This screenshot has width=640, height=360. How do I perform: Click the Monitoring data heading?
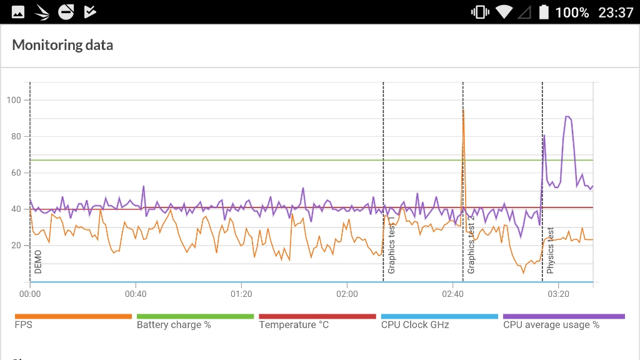(62, 45)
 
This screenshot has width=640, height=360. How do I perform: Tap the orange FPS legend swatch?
(73, 316)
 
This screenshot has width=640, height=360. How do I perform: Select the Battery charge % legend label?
(174, 325)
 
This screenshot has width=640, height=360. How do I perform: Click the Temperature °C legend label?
(294, 325)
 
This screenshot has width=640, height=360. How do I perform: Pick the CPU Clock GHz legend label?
(415, 325)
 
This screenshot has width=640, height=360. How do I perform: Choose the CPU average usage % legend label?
(551, 325)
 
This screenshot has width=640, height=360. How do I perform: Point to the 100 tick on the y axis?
(14, 100)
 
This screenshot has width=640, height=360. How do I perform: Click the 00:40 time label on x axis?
(136, 294)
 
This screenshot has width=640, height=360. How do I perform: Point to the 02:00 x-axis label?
(347, 294)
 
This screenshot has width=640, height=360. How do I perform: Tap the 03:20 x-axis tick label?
(558, 294)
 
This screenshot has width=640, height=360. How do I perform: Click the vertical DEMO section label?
(38, 262)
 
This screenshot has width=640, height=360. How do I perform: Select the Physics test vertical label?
(551, 250)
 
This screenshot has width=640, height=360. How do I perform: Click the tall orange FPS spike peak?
(463, 111)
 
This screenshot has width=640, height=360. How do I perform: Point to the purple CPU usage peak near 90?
(567, 117)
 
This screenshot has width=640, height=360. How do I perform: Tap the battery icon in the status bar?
(544, 12)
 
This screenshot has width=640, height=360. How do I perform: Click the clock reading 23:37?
(616, 12)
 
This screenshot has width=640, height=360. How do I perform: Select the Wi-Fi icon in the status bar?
(504, 12)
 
